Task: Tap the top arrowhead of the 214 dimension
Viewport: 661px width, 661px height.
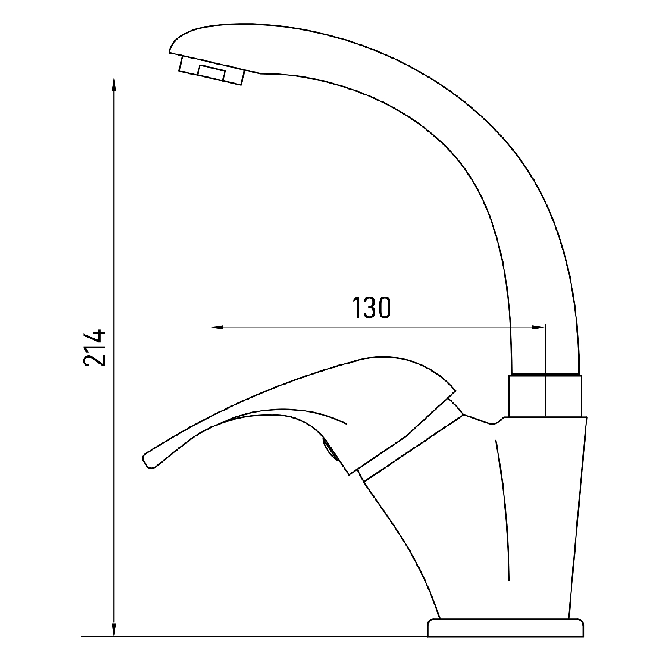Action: (x=114, y=85)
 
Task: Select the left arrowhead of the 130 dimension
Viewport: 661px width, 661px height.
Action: (x=217, y=328)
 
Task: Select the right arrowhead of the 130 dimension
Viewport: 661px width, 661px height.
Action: (x=538, y=328)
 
